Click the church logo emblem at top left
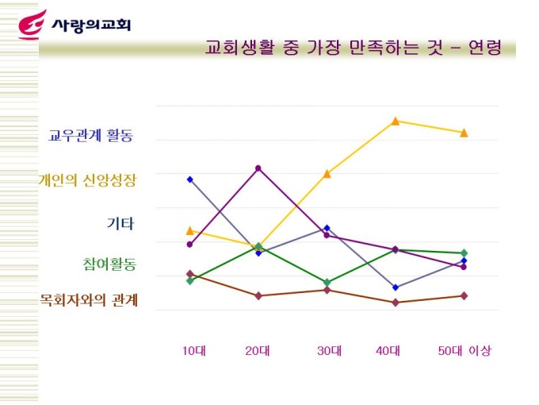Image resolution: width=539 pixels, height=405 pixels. point(32,25)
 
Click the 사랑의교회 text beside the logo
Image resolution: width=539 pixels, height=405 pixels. point(90,25)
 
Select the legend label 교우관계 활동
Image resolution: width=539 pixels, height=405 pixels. point(90,135)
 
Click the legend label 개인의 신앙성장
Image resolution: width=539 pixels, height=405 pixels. point(87,180)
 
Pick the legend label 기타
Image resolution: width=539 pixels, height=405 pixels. point(120,223)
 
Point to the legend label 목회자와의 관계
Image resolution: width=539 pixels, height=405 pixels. point(90,300)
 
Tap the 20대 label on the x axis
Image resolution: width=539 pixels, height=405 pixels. point(258,351)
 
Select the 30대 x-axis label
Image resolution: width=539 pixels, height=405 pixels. point(329,351)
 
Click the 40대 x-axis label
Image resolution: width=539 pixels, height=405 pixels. point(388,351)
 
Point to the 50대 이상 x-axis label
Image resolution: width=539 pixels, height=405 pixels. point(464,351)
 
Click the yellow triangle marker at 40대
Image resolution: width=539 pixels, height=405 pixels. point(395,121)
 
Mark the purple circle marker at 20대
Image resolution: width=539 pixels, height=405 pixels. point(258,168)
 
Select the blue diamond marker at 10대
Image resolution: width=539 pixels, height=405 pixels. point(190,179)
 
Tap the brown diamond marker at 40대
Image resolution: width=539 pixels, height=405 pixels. point(395,303)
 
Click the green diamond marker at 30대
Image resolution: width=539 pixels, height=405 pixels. point(327,282)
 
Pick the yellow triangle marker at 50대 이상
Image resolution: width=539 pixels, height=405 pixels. point(464,133)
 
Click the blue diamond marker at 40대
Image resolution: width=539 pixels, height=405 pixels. point(395,287)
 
